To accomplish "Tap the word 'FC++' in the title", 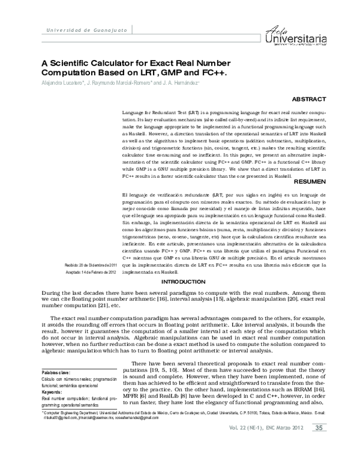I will [x=212, y=73].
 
